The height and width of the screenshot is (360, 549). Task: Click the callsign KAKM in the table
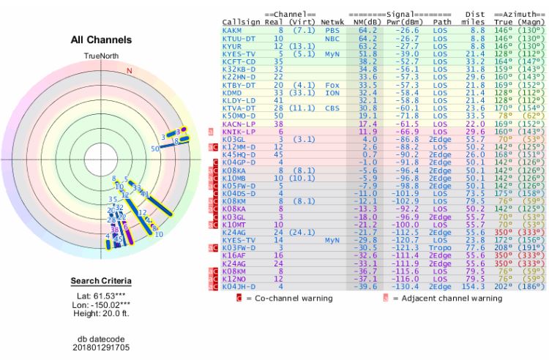232,31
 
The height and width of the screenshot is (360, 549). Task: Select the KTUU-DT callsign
237,37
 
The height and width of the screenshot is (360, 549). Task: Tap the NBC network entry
331,37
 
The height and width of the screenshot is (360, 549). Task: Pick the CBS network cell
331,108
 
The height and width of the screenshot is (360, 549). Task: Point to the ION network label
331,93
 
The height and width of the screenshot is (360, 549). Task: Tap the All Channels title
101,40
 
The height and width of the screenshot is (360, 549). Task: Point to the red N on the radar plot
130,70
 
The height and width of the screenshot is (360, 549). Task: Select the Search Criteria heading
101,281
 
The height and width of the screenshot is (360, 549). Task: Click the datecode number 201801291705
101,348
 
